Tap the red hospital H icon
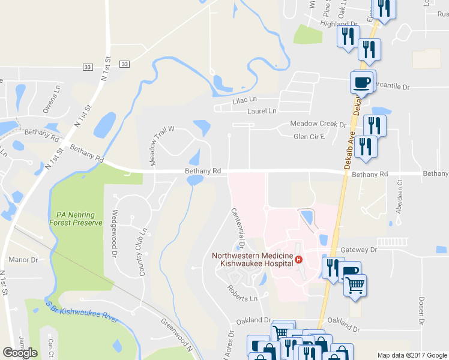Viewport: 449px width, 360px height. pos(306,259)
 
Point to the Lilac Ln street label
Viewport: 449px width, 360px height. pos(244,100)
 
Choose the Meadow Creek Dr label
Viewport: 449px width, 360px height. pos(318,124)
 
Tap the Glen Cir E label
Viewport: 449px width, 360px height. pos(309,136)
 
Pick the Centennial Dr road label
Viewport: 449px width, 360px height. pos(238,229)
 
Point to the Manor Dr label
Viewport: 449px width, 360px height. pos(23,260)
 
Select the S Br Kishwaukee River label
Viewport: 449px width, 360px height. pos(82,313)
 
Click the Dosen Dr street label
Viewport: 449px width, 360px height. pos(421,309)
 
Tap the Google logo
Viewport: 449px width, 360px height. pos(20,352)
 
